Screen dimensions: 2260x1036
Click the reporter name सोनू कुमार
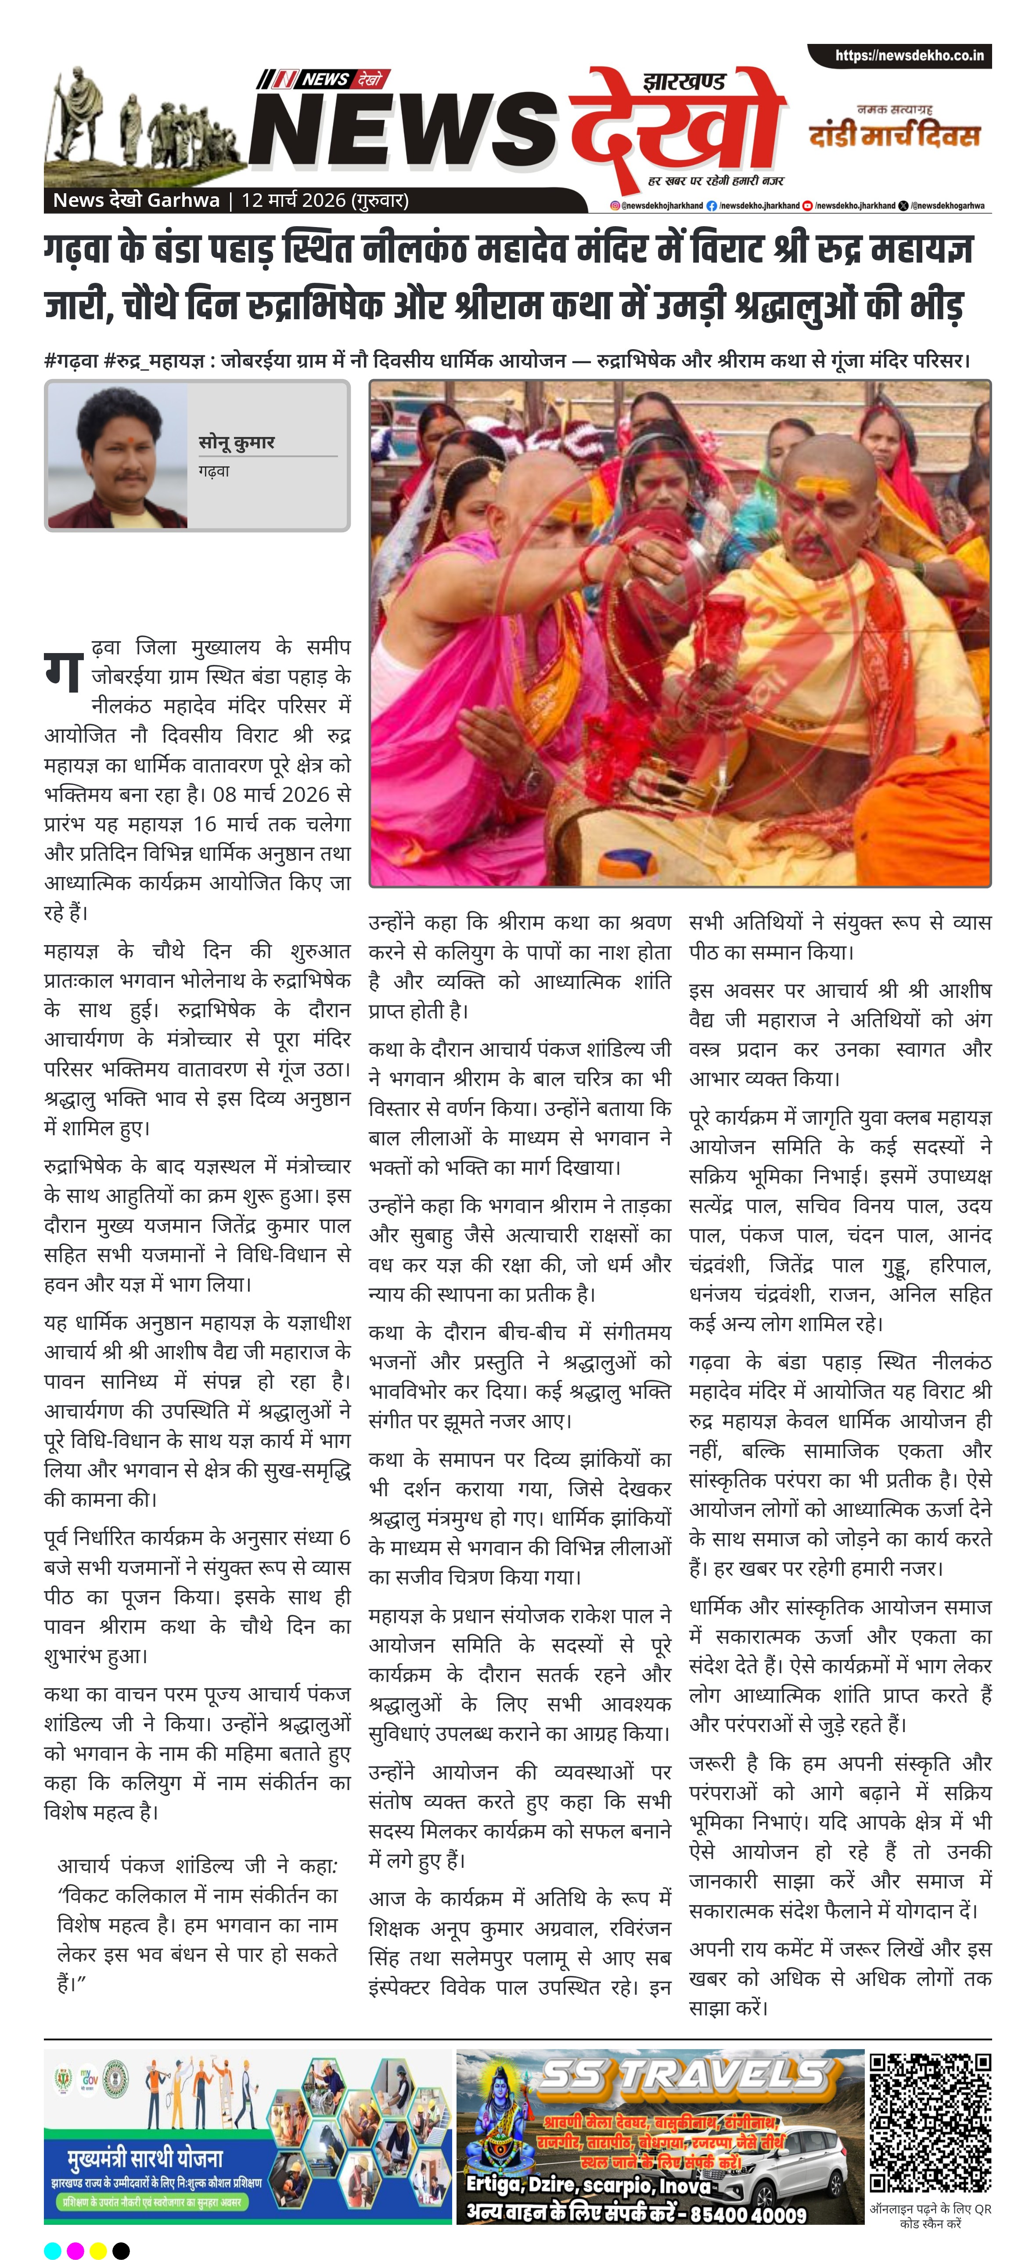pyautogui.click(x=236, y=442)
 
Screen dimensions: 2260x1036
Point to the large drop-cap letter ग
pyautogui.click(x=63, y=668)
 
